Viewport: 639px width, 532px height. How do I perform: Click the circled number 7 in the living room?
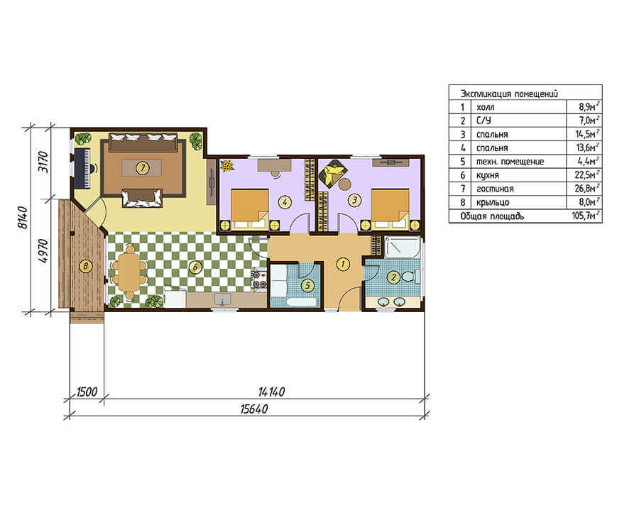(x=142, y=167)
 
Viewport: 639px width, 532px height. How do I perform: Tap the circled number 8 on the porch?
(x=85, y=266)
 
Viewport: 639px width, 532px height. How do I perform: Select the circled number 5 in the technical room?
(x=307, y=285)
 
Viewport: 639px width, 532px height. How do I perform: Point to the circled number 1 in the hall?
(x=343, y=264)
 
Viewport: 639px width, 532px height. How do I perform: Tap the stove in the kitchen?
(x=259, y=279)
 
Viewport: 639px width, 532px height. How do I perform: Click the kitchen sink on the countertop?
(x=222, y=299)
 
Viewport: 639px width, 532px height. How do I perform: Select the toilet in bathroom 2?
(x=410, y=277)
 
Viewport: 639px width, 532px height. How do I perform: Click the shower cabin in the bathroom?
(x=403, y=247)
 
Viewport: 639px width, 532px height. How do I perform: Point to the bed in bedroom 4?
(x=250, y=209)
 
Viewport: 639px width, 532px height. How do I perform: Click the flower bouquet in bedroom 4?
(x=226, y=166)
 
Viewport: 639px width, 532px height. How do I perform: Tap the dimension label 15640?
(x=253, y=409)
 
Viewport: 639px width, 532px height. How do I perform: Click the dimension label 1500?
(x=87, y=392)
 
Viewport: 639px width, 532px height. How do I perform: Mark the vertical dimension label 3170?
(x=43, y=162)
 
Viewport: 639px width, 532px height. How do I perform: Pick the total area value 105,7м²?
(x=586, y=216)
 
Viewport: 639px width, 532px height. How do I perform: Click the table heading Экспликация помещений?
(x=509, y=94)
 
